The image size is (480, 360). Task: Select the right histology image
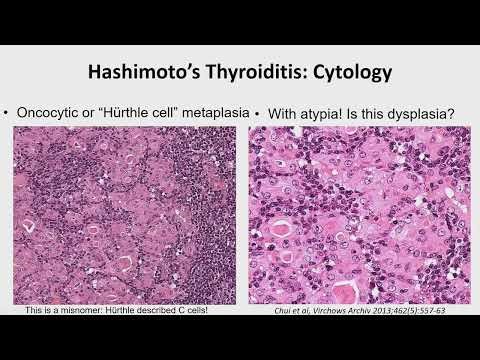(x=359, y=214)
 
